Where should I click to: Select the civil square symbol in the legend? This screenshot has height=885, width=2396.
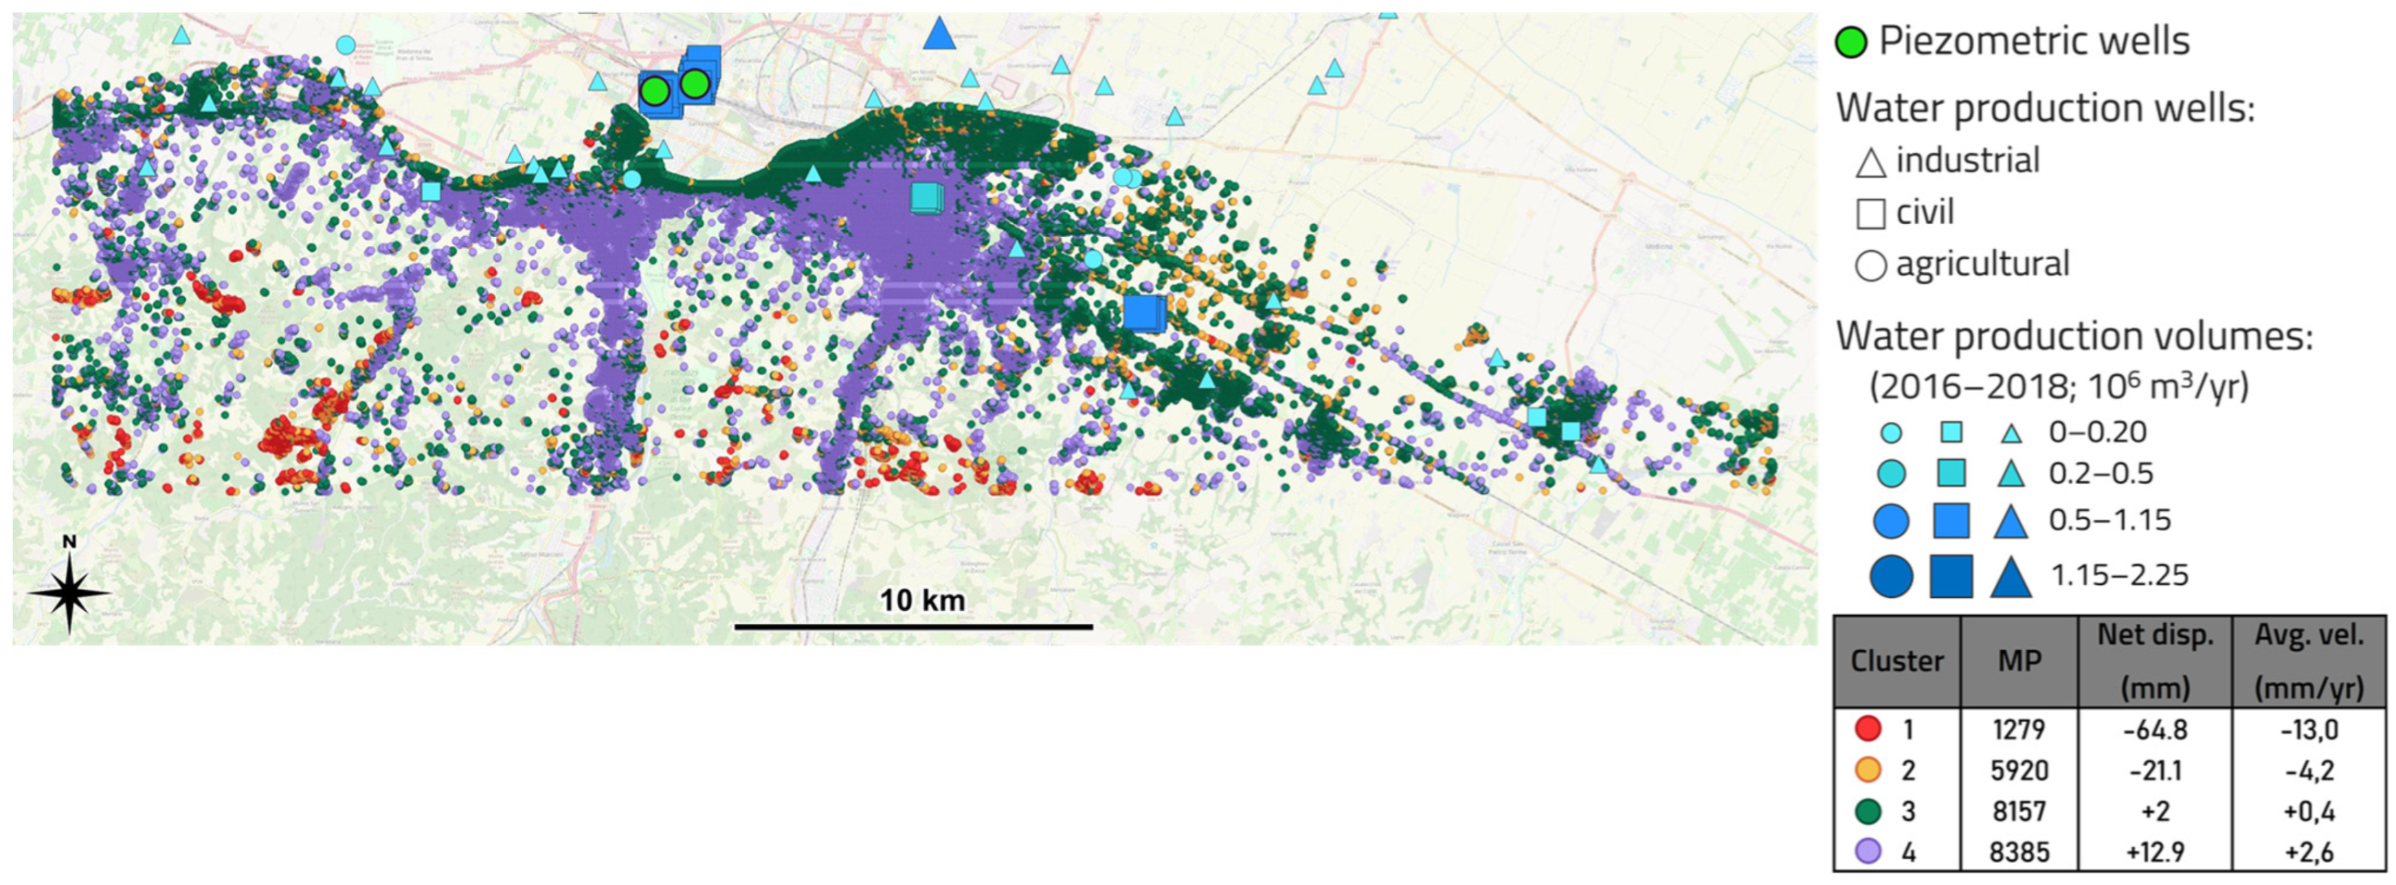(1870, 214)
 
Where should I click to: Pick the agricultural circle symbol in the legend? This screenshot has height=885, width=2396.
(1870, 266)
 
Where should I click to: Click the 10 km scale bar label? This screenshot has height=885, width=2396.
(921, 601)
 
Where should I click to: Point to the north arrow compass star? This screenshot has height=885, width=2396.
(70, 591)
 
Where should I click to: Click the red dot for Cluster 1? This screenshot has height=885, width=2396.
(1868, 729)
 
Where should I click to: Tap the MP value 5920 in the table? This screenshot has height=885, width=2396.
(2019, 771)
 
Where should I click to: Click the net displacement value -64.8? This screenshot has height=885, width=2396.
(2155, 730)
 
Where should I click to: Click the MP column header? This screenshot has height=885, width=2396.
(2019, 661)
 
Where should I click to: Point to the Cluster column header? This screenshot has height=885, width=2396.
(1896, 661)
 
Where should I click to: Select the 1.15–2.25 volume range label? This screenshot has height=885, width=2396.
(2120, 575)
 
